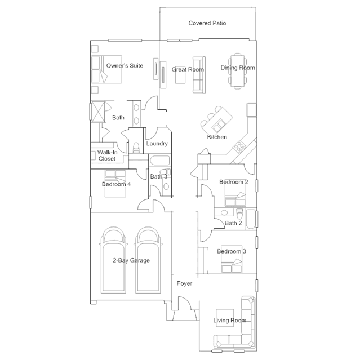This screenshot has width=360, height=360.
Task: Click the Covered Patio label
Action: [207, 23]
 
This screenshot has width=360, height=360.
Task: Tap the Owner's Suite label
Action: [125, 66]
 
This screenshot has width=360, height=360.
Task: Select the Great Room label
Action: [188, 69]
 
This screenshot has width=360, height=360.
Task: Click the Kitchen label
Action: [217, 137]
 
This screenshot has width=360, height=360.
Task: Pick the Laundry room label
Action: [157, 144]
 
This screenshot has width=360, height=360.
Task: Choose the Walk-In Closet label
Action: [107, 155]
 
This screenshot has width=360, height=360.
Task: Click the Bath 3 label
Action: [158, 176]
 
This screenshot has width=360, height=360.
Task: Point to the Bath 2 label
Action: [233, 223]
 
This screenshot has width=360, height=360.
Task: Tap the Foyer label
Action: [185, 283]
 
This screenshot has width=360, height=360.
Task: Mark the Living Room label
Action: [230, 321]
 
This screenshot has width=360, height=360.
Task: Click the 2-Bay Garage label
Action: [131, 261]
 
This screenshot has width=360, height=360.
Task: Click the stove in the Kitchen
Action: [239, 145]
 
